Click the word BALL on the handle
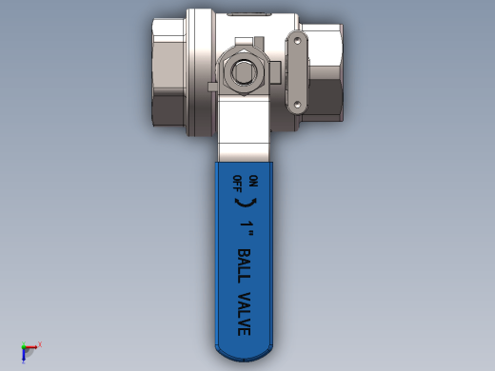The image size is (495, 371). point(244,266)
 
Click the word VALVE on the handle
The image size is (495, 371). point(244,314)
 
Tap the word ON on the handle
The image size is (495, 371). point(253,181)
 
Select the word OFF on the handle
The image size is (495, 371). point(237,184)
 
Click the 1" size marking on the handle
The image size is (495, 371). point(247,228)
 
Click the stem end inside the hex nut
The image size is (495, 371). point(244,71)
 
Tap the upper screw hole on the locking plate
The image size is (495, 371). point(297,41)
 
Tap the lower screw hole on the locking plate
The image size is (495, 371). point(297,104)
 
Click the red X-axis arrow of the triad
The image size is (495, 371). point(31,347)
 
